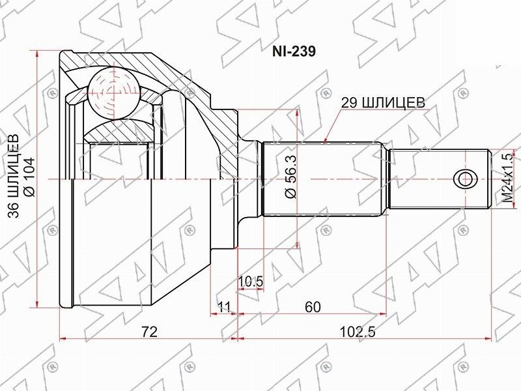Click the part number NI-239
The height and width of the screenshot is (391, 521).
click(294, 51)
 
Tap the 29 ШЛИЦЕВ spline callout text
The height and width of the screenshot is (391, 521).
click(383, 102)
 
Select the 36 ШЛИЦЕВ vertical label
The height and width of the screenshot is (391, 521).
click(14, 176)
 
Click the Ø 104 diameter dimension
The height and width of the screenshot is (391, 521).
click(29, 177)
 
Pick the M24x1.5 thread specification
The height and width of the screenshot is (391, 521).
click(508, 178)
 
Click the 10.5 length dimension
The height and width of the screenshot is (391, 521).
click(251, 282)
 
